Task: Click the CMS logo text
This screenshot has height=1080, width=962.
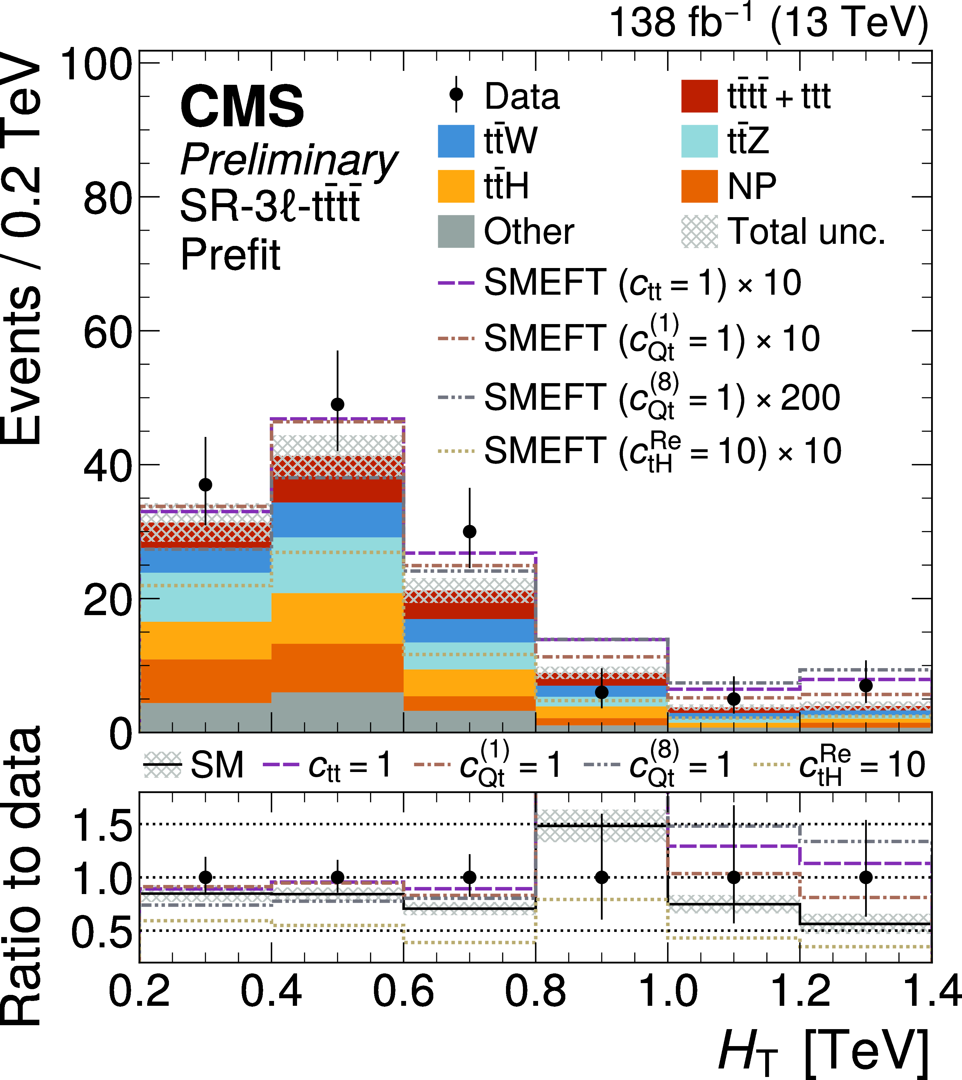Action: (x=242, y=107)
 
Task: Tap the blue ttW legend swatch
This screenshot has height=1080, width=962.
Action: (x=456, y=141)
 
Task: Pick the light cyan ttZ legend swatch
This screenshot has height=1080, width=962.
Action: (x=699, y=141)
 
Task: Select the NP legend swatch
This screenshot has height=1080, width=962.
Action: (x=699, y=186)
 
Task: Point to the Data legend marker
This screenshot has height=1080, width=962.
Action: (x=456, y=95)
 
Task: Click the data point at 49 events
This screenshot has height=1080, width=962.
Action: (x=338, y=404)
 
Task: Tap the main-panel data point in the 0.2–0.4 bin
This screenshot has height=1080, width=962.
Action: (x=206, y=485)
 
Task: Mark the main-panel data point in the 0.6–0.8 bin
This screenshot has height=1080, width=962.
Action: (x=469, y=531)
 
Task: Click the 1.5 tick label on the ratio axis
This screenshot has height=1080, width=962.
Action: (x=101, y=826)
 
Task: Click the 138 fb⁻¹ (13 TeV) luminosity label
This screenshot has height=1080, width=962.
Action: (x=769, y=24)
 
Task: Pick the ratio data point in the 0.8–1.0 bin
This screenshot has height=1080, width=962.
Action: (x=601, y=877)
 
